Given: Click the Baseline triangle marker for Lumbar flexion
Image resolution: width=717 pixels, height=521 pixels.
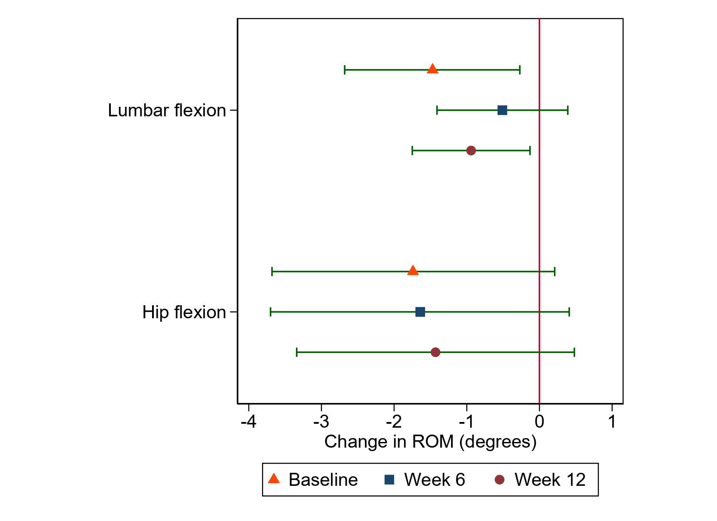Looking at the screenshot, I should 432,69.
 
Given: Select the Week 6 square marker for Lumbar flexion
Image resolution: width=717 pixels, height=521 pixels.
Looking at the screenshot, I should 502,110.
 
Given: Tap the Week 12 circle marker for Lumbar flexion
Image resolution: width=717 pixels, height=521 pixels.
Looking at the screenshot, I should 471,151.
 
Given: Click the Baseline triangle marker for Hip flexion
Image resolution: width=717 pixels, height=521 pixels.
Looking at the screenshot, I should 413,271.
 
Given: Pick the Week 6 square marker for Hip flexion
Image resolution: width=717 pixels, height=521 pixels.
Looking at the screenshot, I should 420,312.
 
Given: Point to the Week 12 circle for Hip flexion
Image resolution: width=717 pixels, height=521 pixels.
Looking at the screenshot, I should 435,352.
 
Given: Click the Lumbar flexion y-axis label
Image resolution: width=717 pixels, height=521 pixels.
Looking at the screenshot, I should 167,111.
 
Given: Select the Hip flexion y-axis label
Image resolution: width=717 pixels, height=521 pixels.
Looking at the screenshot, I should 184,312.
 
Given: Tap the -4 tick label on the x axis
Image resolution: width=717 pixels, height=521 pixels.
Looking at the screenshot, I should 248,421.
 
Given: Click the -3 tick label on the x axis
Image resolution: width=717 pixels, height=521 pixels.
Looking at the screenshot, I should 321,421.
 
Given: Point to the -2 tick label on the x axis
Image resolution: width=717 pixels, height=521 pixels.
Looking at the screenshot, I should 393,421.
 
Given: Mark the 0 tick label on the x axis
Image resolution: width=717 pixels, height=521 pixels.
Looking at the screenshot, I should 539,421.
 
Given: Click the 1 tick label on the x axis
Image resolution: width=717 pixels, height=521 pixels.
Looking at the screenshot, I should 612,421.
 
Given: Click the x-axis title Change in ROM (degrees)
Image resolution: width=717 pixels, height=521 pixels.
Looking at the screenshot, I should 430,442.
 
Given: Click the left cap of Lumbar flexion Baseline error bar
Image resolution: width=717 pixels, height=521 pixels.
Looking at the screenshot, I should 345,69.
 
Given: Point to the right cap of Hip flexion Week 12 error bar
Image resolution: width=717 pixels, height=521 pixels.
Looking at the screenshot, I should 574,352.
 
